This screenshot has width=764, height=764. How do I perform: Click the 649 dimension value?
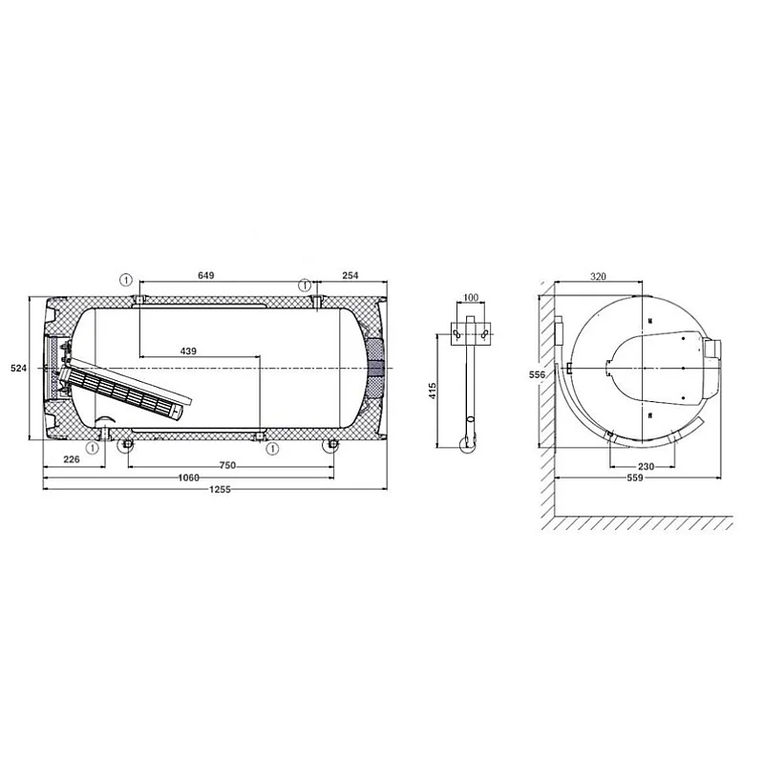point(205,275)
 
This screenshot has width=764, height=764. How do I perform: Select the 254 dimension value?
point(350,275)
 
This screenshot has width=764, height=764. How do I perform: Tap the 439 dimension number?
point(188,350)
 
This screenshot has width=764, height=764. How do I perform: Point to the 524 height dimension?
point(18,369)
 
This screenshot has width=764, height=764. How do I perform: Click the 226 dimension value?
point(71,459)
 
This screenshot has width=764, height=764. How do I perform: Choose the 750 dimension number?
point(227,465)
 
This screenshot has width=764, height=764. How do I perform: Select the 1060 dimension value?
point(188,477)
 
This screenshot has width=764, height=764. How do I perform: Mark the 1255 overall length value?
point(220,489)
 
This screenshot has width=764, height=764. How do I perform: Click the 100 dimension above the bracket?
point(471,297)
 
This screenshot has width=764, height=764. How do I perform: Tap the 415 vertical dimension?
point(433,392)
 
